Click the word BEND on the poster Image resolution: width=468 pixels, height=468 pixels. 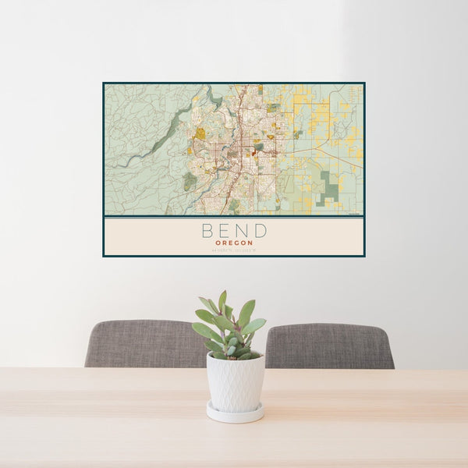234,231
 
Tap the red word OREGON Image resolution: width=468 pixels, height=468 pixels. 234,243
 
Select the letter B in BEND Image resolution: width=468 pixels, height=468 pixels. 207,231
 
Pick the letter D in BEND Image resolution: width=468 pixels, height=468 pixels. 260,231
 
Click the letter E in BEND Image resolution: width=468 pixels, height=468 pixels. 225,231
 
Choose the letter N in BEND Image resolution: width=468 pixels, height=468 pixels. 242,231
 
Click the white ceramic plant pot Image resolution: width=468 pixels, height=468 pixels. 235,381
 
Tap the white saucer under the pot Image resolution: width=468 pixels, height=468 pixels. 235,413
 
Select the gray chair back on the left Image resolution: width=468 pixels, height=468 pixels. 140,343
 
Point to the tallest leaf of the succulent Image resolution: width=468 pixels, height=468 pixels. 222,301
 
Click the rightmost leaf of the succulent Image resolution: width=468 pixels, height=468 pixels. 256,325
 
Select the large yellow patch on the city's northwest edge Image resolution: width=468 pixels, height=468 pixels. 200,133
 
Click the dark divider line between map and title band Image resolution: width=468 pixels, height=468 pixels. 234,217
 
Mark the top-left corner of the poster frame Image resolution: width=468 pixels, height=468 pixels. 104,83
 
